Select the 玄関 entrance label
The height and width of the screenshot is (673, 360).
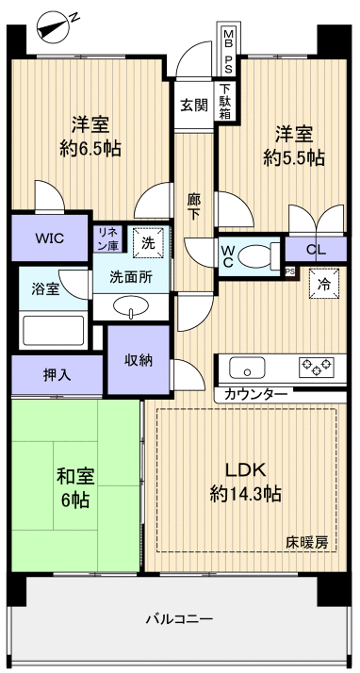[195, 104]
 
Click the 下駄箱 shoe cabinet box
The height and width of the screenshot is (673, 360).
[227, 101]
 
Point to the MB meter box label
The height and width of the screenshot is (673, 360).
[228, 39]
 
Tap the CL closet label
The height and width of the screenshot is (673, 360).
[316, 250]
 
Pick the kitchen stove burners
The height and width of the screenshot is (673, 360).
[317, 366]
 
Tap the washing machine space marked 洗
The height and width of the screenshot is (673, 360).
[147, 241]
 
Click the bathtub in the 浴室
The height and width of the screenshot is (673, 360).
[51, 331]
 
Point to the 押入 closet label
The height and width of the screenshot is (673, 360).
[56, 373]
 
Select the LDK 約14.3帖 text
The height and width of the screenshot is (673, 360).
[245, 481]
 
